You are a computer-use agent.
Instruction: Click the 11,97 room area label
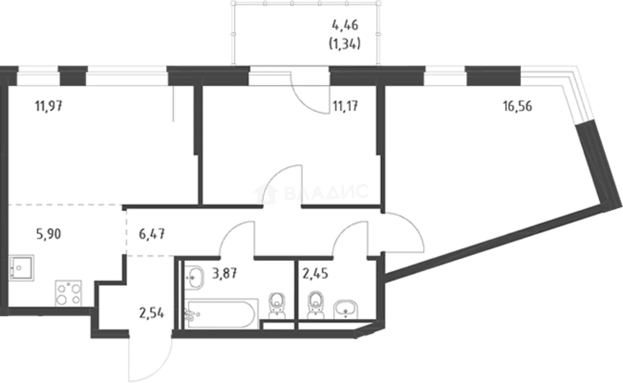click(49, 106)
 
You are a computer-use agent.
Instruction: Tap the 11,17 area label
click(345, 106)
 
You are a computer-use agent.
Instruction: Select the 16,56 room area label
click(517, 106)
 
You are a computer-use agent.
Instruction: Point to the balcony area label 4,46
click(345, 26)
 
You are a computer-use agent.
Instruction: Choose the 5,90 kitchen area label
click(49, 234)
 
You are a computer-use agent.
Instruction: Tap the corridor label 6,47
click(152, 234)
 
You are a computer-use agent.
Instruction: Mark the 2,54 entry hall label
click(152, 314)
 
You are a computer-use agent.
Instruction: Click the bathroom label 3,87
click(225, 274)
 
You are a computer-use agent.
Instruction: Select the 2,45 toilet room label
click(315, 274)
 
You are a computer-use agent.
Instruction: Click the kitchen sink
click(21, 268)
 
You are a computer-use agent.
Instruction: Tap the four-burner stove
click(69, 294)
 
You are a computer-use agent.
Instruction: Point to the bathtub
click(222, 314)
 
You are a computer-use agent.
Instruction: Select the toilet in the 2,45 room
click(315, 305)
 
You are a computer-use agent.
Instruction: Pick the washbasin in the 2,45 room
click(346, 309)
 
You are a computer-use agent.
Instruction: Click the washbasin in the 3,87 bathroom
click(194, 278)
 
